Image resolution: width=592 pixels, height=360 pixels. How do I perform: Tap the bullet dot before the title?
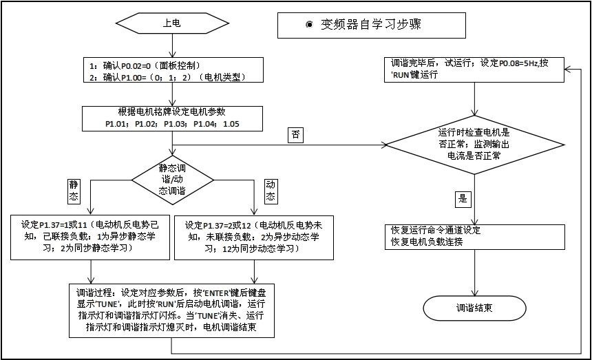point(309,25)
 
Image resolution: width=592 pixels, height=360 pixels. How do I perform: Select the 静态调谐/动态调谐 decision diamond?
point(171,178)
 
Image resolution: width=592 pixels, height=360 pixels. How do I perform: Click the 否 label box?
point(296,134)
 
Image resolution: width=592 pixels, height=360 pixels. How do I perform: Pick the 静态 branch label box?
point(74,191)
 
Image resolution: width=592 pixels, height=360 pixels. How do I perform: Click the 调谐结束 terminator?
point(474,308)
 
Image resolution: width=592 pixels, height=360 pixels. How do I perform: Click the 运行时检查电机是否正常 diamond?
point(474,144)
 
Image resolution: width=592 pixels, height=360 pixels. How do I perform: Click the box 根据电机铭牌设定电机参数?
point(171,119)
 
